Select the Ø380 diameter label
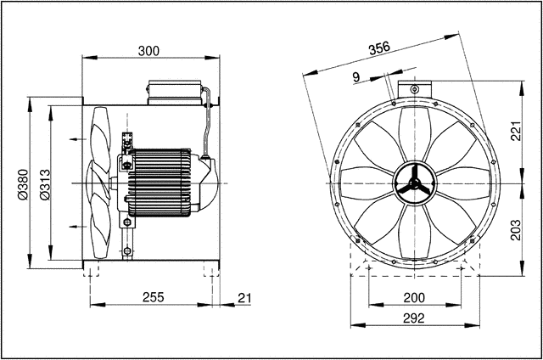[24, 183]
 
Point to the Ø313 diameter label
[46, 183]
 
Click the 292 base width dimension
[413, 318]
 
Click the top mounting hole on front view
[413, 89]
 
